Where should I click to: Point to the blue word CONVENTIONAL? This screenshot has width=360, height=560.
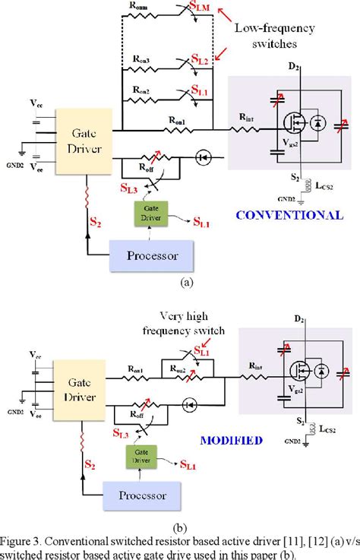(x=289, y=215)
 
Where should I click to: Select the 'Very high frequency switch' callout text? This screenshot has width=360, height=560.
(x=182, y=322)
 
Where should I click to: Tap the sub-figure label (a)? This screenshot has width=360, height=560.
(x=185, y=280)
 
